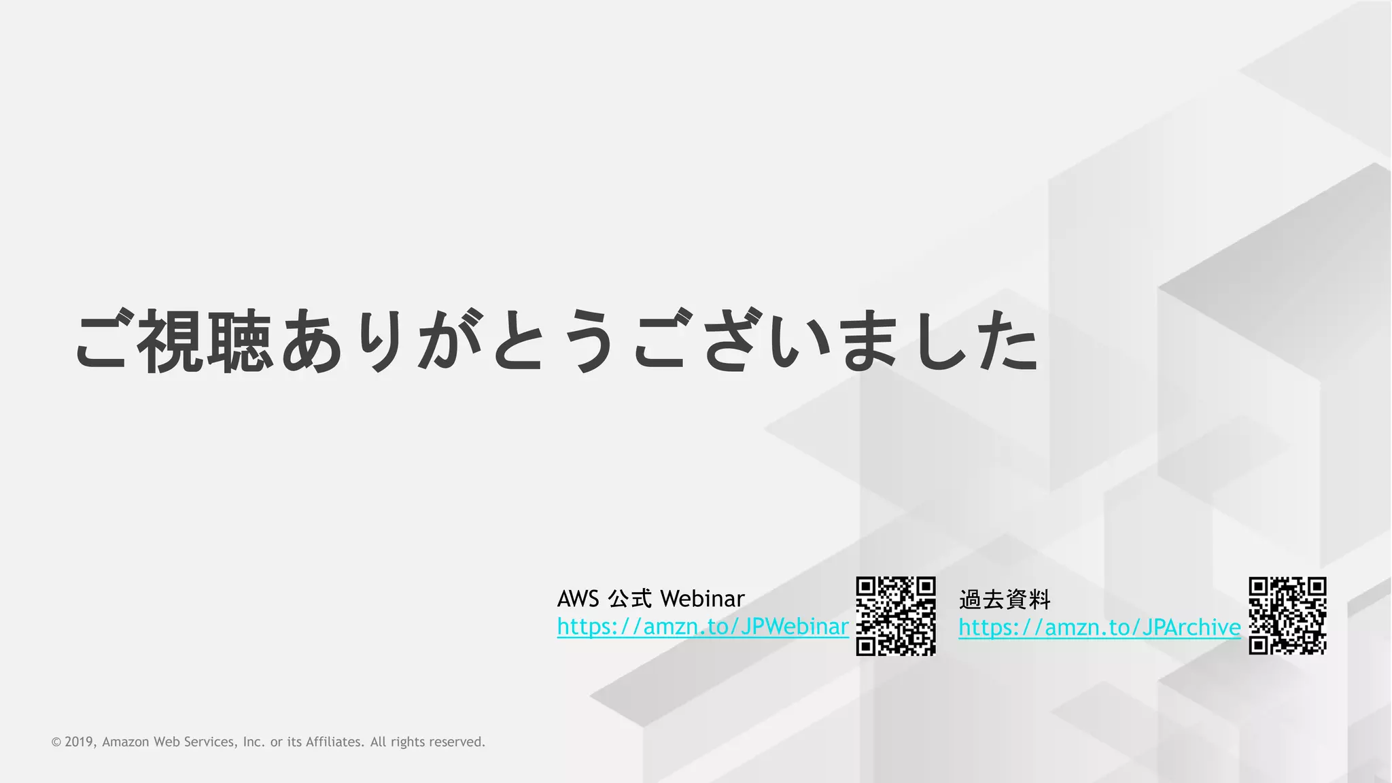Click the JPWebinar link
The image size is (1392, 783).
pyautogui.click(x=702, y=627)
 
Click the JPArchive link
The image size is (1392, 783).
pyautogui.click(x=1099, y=627)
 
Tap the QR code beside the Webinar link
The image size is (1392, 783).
pyautogui.click(x=895, y=616)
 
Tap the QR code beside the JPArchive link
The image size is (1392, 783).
pyautogui.click(x=1287, y=616)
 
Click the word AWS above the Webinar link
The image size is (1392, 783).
pyautogui.click(x=578, y=599)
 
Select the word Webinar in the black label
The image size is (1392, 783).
pyautogui.click(x=702, y=599)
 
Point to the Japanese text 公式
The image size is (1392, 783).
pyautogui.click(x=630, y=599)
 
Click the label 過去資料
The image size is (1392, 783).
pyautogui.click(x=1005, y=599)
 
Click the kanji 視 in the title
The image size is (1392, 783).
pyautogui.click(x=171, y=341)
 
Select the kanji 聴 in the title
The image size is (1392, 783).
pyautogui.click(x=241, y=341)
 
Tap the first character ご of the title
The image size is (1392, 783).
pyautogui.click(x=102, y=341)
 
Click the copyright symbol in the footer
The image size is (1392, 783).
pyautogui.click(x=56, y=742)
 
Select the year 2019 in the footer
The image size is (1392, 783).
pyautogui.click(x=80, y=742)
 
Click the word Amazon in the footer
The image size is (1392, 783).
pyautogui.click(x=126, y=742)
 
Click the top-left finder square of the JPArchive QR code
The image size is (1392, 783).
pyautogui.click(x=1258, y=587)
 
